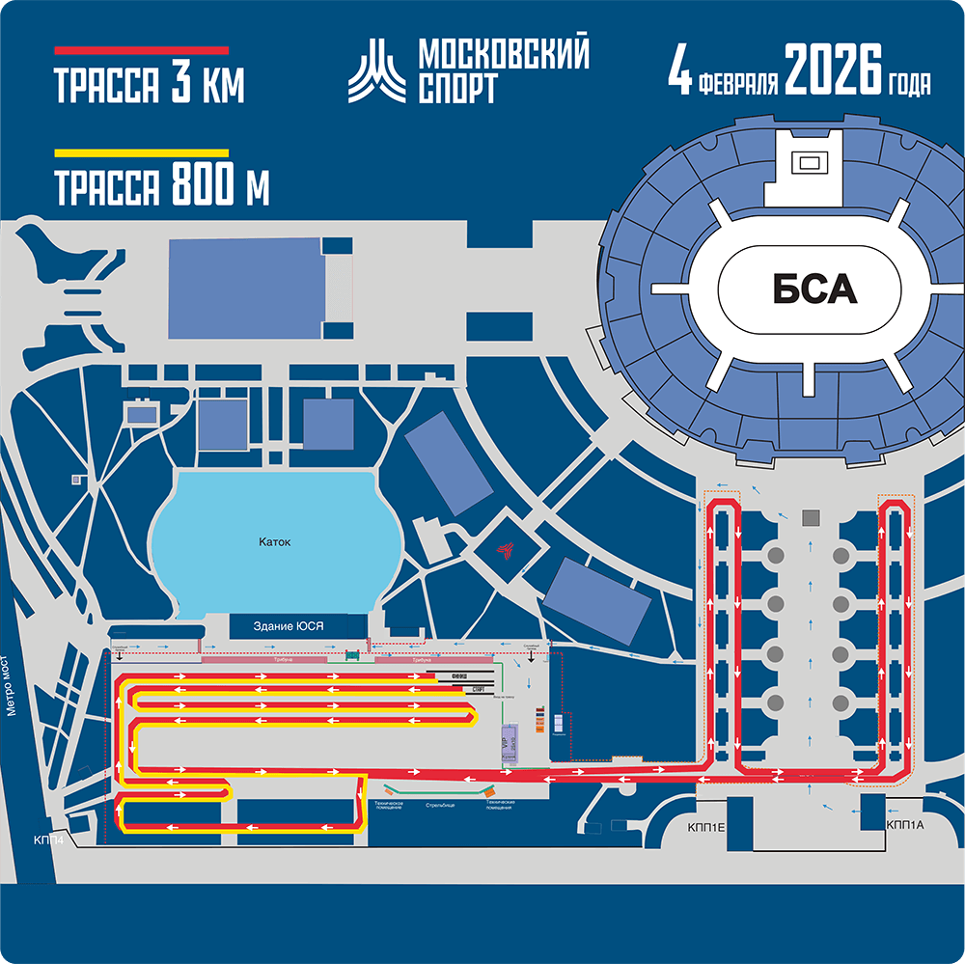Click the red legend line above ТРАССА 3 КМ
pos(141,49)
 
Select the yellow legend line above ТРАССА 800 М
pos(141,152)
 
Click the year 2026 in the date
pos(833,71)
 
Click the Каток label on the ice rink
pos(274,542)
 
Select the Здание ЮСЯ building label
pos(288,626)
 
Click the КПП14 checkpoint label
pos(49,840)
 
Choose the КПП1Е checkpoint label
pos(706,825)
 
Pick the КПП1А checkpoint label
pos(903,825)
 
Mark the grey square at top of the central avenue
pos(810,517)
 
